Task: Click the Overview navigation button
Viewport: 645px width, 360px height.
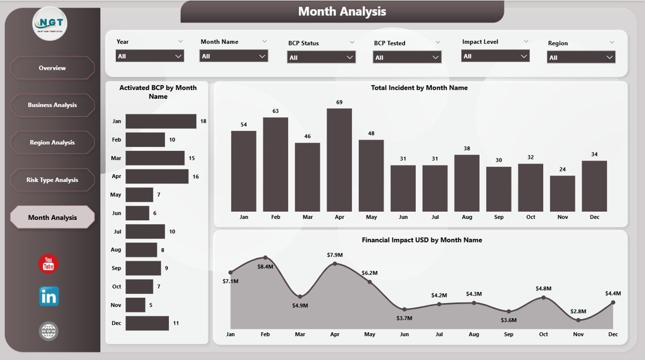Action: click(52, 68)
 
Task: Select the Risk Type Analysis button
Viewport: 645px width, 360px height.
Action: click(52, 180)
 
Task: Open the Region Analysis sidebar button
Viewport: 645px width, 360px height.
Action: click(52, 143)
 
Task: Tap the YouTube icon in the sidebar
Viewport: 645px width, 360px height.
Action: click(48, 264)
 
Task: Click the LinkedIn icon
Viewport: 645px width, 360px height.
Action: click(49, 296)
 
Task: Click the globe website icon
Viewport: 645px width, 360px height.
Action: click(49, 331)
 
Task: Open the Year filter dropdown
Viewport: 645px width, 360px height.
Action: click(150, 56)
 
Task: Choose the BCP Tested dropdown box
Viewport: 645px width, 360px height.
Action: click(407, 57)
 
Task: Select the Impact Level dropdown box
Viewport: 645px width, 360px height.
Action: click(495, 56)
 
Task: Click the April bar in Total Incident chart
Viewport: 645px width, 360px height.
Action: click(339, 160)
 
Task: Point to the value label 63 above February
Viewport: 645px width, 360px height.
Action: click(276, 111)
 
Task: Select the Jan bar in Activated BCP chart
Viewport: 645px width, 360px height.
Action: click(161, 121)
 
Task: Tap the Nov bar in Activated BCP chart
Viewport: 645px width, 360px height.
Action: click(135, 305)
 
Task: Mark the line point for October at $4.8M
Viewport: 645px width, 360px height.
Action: click(544, 297)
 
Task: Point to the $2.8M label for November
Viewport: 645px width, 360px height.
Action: click(578, 311)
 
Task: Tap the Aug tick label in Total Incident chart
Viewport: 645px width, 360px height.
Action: click(467, 217)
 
